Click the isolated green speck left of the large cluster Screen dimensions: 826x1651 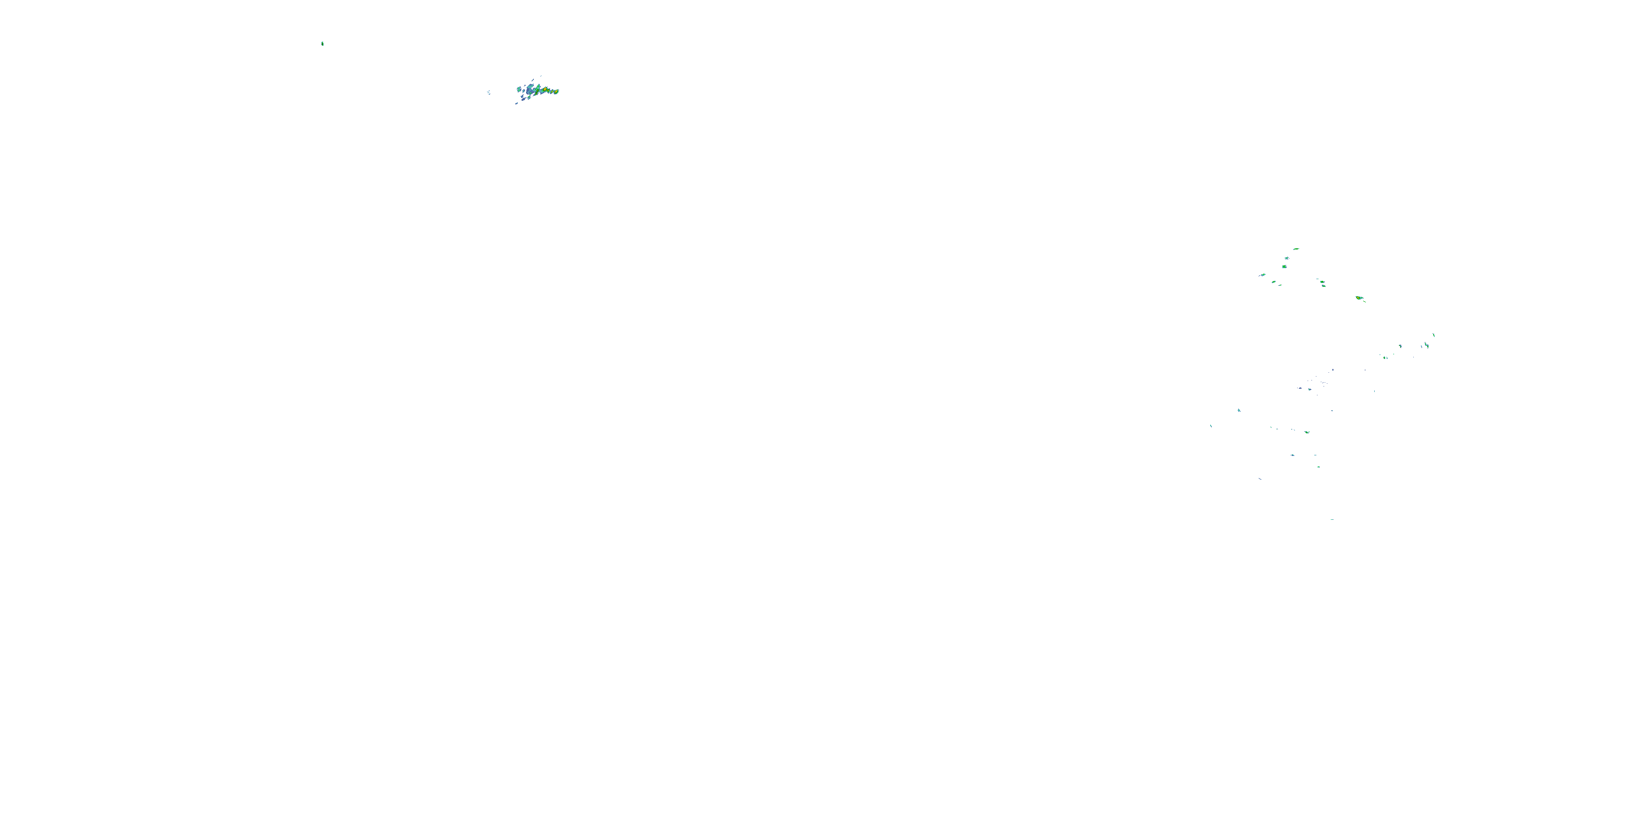(322, 44)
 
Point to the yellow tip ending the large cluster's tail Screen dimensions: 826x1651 (557, 92)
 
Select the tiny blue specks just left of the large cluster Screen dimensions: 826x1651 (489, 93)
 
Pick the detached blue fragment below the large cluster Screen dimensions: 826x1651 (517, 102)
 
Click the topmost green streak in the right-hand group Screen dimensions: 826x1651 (1296, 249)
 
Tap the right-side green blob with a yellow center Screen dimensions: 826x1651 (1359, 298)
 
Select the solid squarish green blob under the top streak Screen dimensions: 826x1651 (1284, 266)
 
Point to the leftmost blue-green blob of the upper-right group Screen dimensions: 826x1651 (1262, 275)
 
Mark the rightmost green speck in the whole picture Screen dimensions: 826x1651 (1434, 335)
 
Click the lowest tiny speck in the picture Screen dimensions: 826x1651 (1332, 519)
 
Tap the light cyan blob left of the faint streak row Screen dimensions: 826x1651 (1239, 410)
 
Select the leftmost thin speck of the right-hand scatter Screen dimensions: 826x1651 (1211, 426)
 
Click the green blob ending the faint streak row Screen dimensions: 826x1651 (1307, 432)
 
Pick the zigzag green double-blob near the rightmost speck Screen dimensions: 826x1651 (1426, 346)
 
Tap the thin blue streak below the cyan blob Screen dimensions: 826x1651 (1260, 479)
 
